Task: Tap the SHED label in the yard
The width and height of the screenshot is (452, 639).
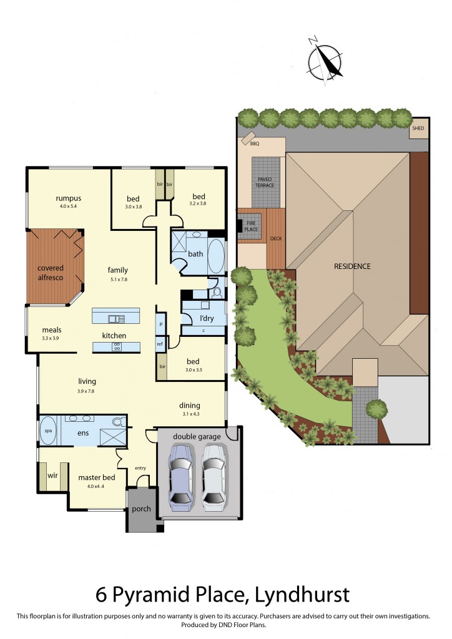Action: click(418, 129)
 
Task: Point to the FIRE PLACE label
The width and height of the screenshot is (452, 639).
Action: click(252, 226)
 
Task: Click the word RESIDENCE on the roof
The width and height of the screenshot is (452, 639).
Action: click(352, 266)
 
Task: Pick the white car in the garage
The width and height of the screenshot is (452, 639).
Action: click(212, 475)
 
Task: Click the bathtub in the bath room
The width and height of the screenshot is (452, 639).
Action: click(216, 255)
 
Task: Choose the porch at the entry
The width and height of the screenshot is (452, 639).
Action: click(142, 509)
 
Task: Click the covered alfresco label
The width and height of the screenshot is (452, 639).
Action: click(50, 273)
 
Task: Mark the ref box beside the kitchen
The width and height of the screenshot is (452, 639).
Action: click(160, 344)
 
